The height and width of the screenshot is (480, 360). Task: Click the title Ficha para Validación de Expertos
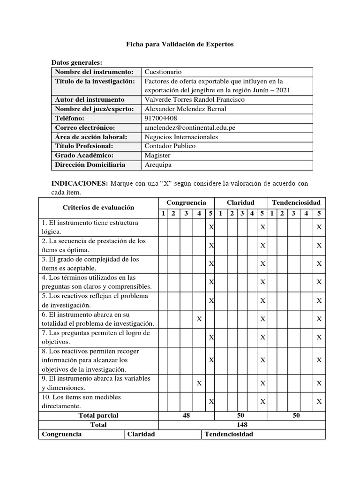point(180,44)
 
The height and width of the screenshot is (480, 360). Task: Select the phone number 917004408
point(161,118)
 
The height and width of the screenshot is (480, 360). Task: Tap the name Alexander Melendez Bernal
point(186,109)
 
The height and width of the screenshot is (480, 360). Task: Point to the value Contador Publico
point(170,146)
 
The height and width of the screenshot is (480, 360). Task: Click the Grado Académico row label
point(84,155)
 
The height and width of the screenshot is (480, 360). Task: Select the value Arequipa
point(158,165)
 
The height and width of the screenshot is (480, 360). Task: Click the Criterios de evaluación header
point(98,207)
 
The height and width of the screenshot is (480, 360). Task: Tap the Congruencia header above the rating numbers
point(186,202)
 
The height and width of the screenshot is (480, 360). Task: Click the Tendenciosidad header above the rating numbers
point(296,202)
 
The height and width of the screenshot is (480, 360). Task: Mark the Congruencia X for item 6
point(199,319)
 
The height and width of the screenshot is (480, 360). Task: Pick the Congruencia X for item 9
point(199,383)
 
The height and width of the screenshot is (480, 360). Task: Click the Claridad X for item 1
point(262,227)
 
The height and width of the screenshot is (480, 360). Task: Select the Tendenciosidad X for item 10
point(319,401)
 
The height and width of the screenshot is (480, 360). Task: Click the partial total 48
point(186,415)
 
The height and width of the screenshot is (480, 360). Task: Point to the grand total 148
point(242,425)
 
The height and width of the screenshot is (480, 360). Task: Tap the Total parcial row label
point(98,415)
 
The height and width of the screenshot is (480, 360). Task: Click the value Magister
point(157,155)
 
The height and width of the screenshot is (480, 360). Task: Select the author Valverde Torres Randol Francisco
point(195,99)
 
